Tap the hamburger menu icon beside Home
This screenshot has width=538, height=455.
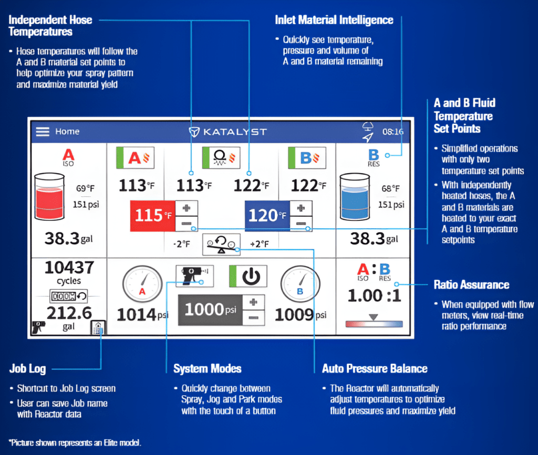point(43,132)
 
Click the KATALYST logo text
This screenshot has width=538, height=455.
point(235,132)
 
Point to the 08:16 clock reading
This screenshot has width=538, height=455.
point(393,132)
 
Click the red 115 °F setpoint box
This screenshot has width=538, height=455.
point(153,216)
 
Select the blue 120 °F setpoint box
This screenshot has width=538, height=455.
point(267,216)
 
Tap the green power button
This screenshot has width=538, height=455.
point(248,276)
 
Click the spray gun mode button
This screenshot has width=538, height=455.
point(194,276)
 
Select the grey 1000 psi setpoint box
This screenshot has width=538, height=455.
point(210,310)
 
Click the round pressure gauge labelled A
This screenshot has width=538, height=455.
point(142,284)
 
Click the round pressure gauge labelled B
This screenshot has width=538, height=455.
point(300,284)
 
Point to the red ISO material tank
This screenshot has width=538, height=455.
point(49,196)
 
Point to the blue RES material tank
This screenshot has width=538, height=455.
point(355,196)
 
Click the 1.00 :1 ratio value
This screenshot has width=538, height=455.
point(374,295)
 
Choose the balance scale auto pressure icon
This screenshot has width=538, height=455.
point(221,244)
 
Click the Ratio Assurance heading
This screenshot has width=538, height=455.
point(471,285)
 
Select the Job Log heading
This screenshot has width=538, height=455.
point(27,368)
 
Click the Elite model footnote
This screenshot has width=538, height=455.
point(75,442)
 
